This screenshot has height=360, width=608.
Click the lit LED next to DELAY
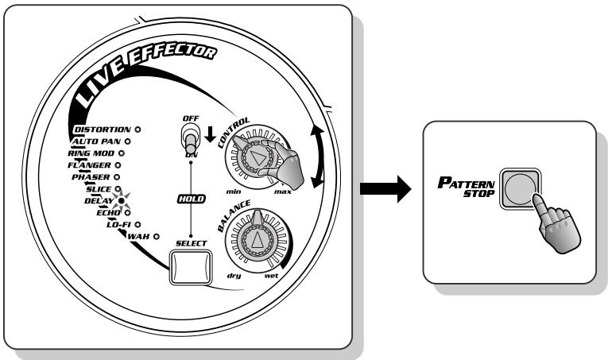coord(121,201)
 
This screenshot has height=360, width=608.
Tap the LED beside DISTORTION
coord(137,130)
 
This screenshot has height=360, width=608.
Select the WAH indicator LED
coord(157,236)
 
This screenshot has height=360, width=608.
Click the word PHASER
coord(91,177)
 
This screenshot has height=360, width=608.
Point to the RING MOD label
coord(91,153)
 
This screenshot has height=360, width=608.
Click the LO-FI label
coord(118,224)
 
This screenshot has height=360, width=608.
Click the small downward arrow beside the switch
coord(210,134)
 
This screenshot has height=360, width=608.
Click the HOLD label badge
coord(192,199)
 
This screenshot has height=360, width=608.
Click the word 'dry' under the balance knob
coord(234,276)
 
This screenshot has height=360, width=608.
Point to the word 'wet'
coord(271,276)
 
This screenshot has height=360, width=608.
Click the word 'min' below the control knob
coord(234,192)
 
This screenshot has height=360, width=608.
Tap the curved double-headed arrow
coord(319,157)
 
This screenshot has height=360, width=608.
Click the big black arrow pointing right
coord(385,188)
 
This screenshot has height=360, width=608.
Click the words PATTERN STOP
coord(467,188)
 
